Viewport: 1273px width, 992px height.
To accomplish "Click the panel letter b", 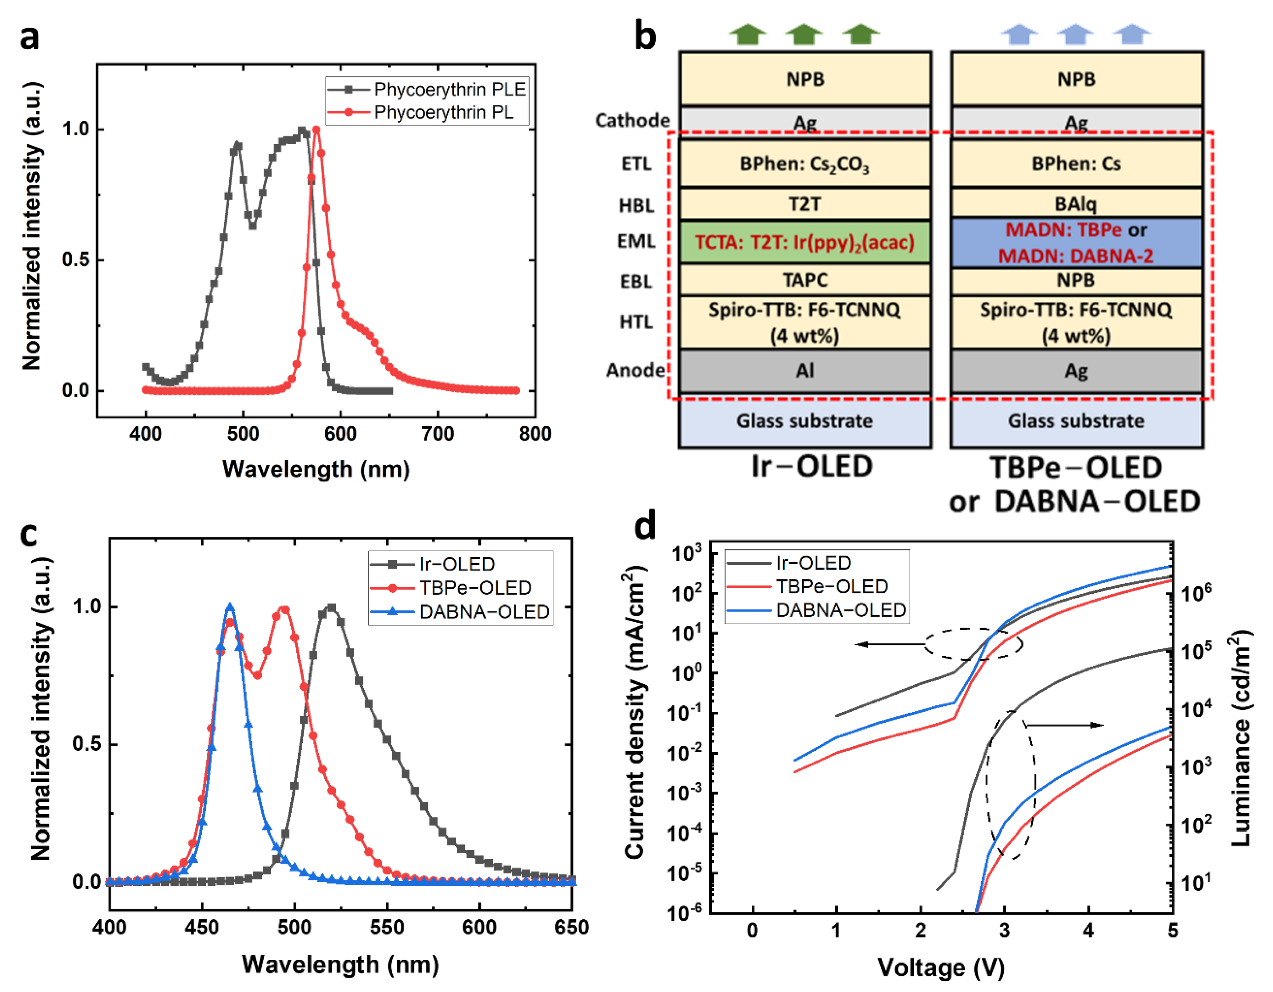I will [x=644, y=36].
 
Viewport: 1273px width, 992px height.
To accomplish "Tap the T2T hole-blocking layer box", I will [x=804, y=204].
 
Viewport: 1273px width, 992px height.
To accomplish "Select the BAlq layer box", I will [x=1075, y=204].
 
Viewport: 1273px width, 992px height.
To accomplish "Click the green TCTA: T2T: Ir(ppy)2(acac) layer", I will [x=804, y=242].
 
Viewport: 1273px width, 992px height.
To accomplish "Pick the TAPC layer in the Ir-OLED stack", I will [x=804, y=280].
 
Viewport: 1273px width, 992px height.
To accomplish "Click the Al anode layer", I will [x=804, y=371].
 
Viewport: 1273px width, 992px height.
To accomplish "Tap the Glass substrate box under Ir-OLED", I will [x=804, y=421].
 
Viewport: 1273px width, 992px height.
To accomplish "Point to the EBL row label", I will [x=636, y=282].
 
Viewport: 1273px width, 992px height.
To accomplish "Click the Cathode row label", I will [x=632, y=120].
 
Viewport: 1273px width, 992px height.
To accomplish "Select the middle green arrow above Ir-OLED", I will [x=803, y=34].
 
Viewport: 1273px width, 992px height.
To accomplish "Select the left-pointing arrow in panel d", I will [x=889, y=644].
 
